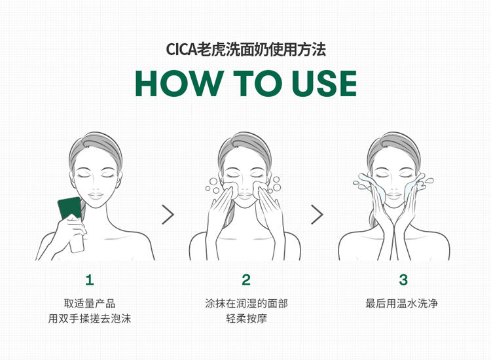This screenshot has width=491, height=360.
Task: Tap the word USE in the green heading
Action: pyautogui.click(x=324, y=83)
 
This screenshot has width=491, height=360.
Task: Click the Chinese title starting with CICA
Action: pyautogui.click(x=245, y=50)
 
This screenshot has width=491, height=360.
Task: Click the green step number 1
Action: pyautogui.click(x=90, y=280)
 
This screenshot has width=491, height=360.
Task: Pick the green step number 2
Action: pyautogui.click(x=246, y=280)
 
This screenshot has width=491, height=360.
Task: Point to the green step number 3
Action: pyautogui.click(x=403, y=280)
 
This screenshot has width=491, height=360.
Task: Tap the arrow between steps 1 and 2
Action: pyautogui.click(x=168, y=215)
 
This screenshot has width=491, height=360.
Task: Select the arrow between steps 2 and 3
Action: pyautogui.click(x=318, y=215)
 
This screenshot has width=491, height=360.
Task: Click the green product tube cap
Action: pyautogui.click(x=70, y=208)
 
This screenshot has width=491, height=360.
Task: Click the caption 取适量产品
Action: pyautogui.click(x=90, y=303)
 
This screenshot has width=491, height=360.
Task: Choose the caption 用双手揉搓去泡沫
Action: pyautogui.click(x=90, y=319)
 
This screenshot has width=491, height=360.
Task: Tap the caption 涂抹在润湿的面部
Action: pyautogui.click(x=246, y=303)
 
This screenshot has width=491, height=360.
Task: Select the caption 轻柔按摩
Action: pyautogui.click(x=246, y=319)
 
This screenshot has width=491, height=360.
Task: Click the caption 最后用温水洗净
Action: pyautogui.click(x=402, y=303)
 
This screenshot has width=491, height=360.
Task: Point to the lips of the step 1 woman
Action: pyautogui.click(x=96, y=196)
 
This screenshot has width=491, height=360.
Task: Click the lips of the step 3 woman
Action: pyautogui.click(x=393, y=196)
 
